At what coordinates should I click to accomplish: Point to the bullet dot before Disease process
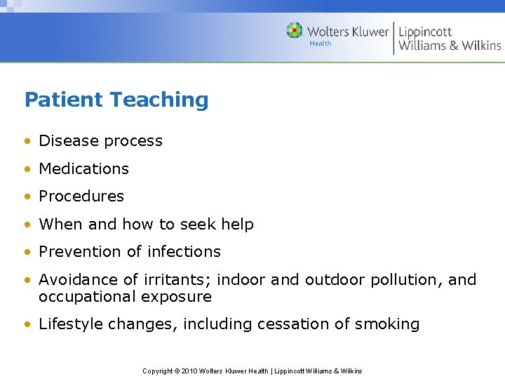click(27, 141)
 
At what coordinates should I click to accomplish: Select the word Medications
click(83, 168)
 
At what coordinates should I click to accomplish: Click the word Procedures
click(81, 197)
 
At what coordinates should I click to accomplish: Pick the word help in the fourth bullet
click(237, 225)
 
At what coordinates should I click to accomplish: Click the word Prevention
click(78, 251)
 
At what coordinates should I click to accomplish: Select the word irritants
click(175, 279)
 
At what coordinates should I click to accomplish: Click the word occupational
click(87, 297)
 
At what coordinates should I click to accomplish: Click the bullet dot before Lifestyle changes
click(27, 325)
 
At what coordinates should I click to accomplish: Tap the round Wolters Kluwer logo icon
click(295, 31)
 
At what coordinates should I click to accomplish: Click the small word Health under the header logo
click(321, 44)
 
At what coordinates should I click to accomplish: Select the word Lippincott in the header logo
click(425, 31)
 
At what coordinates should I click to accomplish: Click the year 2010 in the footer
click(189, 371)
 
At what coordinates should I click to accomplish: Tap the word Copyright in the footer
click(159, 371)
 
